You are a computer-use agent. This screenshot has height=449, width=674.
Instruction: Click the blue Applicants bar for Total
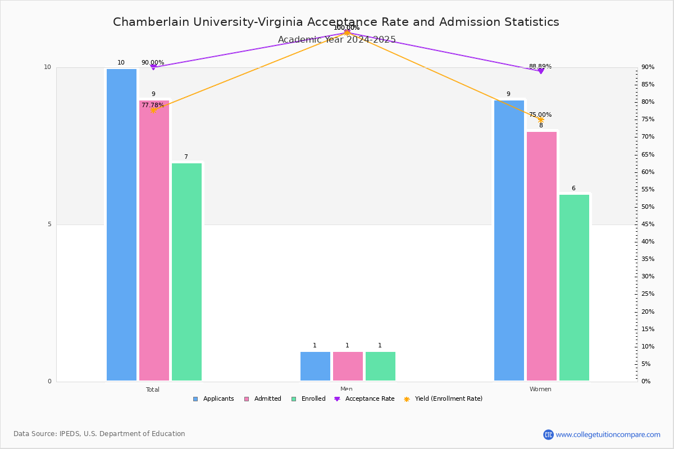point(121,224)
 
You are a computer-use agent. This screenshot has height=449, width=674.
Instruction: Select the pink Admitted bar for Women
point(541,256)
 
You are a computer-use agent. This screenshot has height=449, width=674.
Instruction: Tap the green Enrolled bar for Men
point(380,366)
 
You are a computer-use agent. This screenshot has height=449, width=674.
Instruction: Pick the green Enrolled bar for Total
point(186,272)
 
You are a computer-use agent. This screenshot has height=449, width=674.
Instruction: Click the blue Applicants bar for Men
point(315,366)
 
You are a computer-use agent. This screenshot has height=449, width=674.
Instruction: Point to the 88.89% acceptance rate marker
point(541,71)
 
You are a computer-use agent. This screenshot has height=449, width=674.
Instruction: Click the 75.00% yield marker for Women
point(541,120)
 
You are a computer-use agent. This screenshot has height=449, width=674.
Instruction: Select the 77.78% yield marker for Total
point(153,110)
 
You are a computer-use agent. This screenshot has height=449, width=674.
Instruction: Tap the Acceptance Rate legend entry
point(364,399)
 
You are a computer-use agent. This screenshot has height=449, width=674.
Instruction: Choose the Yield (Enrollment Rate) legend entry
point(443,399)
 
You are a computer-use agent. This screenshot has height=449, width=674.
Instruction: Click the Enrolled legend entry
point(308,399)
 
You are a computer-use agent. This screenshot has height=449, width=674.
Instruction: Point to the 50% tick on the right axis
point(648,207)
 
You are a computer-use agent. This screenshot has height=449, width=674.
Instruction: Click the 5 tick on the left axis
point(49,224)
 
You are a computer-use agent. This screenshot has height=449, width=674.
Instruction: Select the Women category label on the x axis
point(540,389)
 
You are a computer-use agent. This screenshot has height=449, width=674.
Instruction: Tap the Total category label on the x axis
point(153,390)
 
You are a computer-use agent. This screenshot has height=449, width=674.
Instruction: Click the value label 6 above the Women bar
point(573,188)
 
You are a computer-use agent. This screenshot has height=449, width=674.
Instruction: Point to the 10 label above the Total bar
point(121,62)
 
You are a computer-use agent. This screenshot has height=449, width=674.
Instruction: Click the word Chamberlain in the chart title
point(151,22)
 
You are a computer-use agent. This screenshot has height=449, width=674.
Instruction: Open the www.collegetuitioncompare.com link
point(608,434)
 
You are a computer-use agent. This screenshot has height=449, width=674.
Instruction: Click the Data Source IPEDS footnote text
point(99,434)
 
